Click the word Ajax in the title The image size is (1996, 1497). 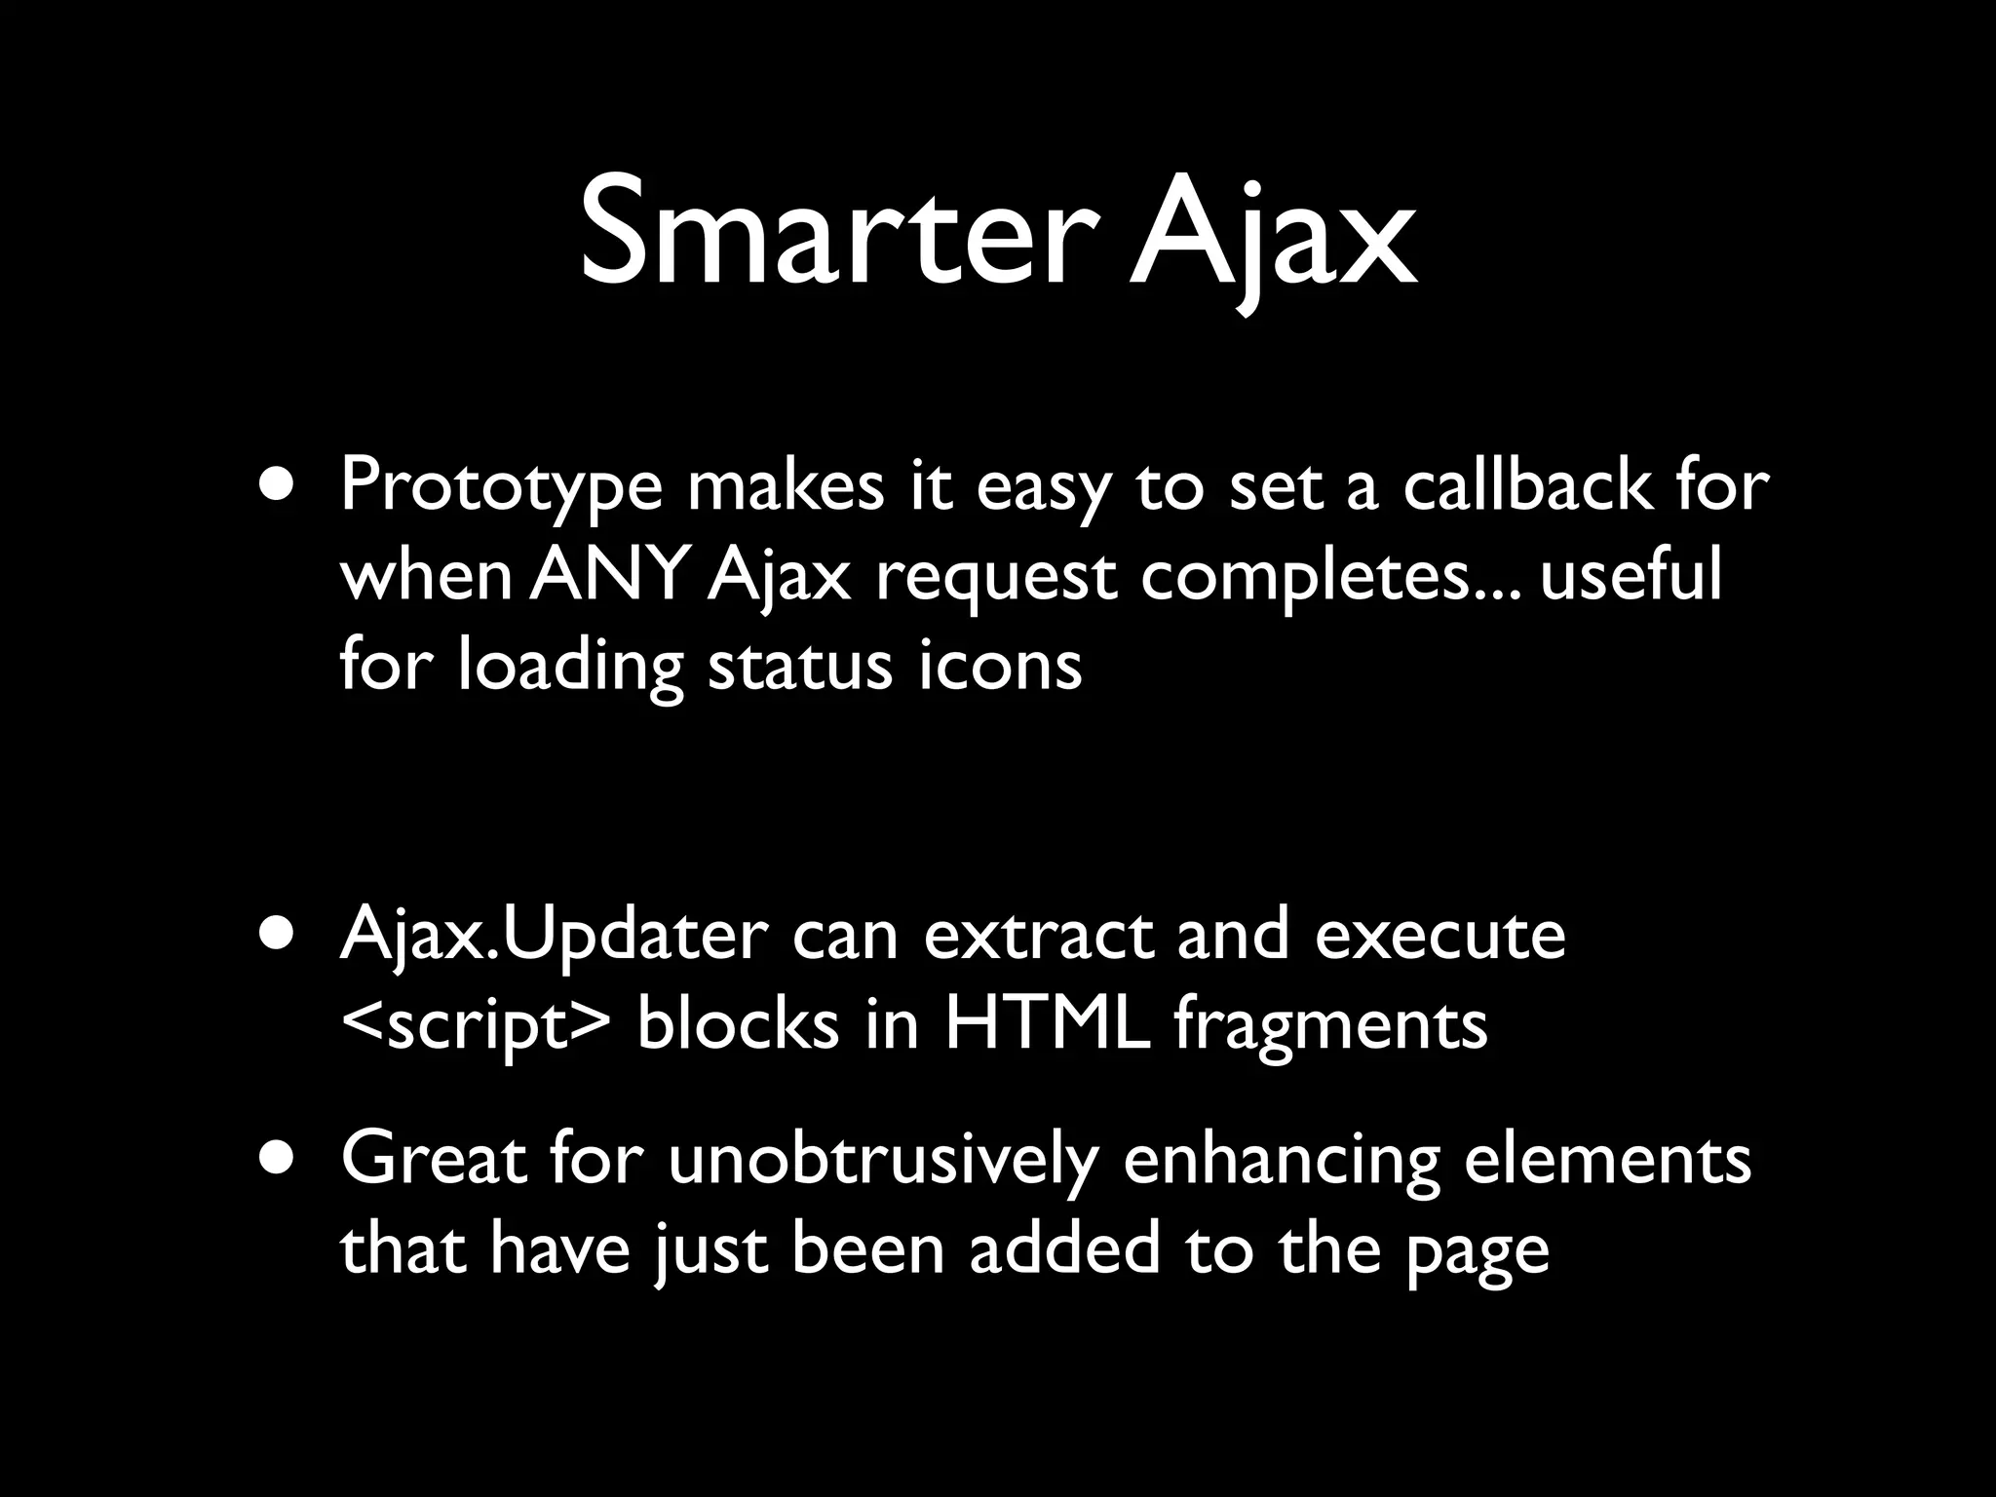(x=1272, y=234)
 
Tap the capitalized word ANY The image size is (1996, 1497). (x=609, y=575)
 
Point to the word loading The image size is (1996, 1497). (x=571, y=668)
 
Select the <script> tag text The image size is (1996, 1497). (x=476, y=1027)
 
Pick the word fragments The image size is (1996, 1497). (x=1330, y=1027)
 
